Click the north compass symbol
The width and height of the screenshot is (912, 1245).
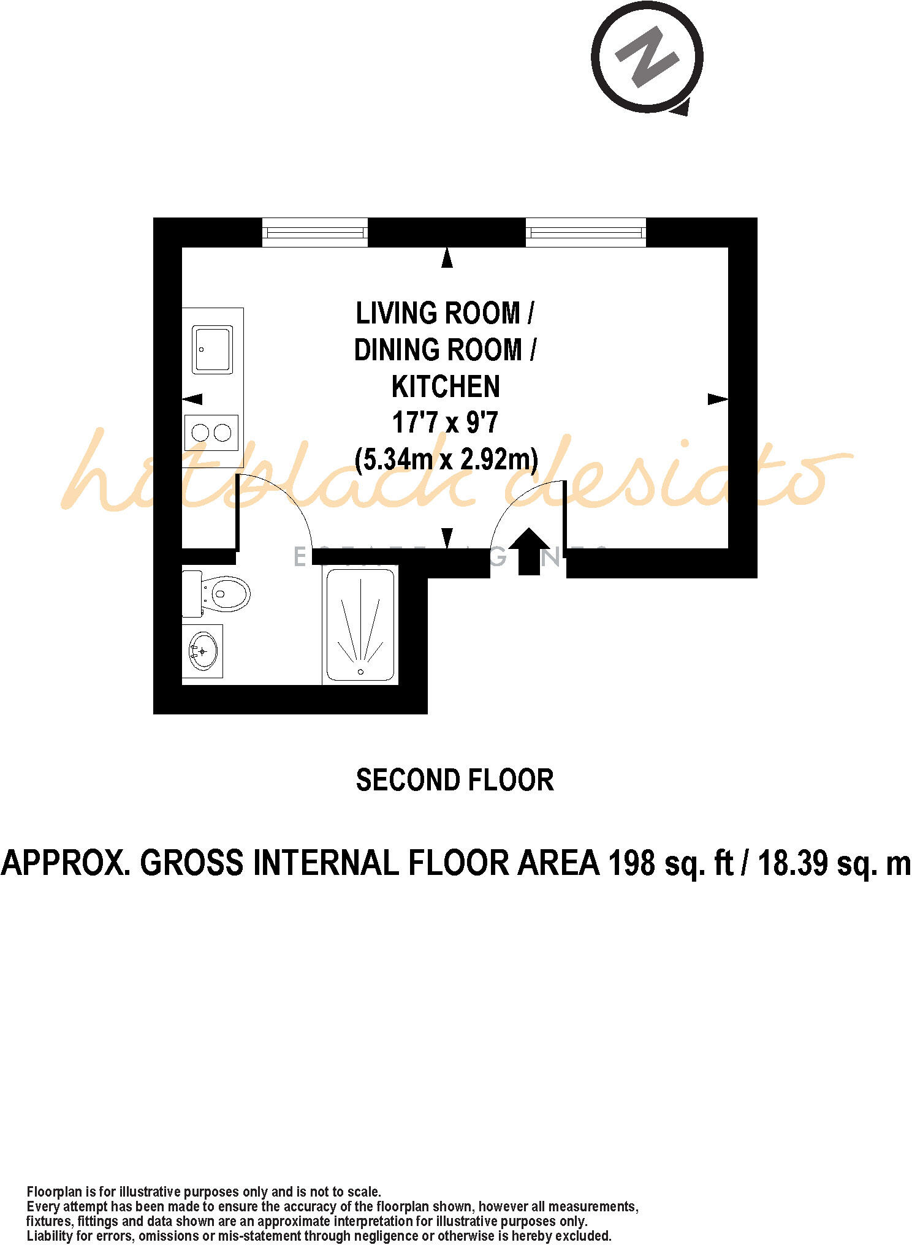(647, 59)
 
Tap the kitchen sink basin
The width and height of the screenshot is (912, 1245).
(212, 349)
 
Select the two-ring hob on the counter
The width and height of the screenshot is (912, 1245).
(211, 433)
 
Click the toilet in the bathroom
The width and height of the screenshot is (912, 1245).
(223, 593)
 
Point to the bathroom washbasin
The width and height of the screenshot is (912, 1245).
(203, 650)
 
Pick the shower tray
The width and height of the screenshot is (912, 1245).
(360, 625)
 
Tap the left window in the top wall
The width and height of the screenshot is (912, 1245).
(315, 233)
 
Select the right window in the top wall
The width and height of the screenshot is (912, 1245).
(586, 233)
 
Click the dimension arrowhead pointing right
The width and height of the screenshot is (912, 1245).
(718, 399)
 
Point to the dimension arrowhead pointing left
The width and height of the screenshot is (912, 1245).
(192, 399)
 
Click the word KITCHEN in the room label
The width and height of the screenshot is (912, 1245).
(446, 387)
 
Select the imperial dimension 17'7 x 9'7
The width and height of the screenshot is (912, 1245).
(445, 423)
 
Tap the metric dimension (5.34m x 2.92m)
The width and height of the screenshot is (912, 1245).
(446, 459)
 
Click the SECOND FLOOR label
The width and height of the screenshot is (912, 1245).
(455, 780)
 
